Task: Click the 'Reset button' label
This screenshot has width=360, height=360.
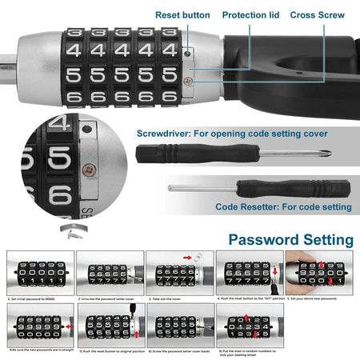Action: pos(183,15)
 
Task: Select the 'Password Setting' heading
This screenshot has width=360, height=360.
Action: pos(290,239)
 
